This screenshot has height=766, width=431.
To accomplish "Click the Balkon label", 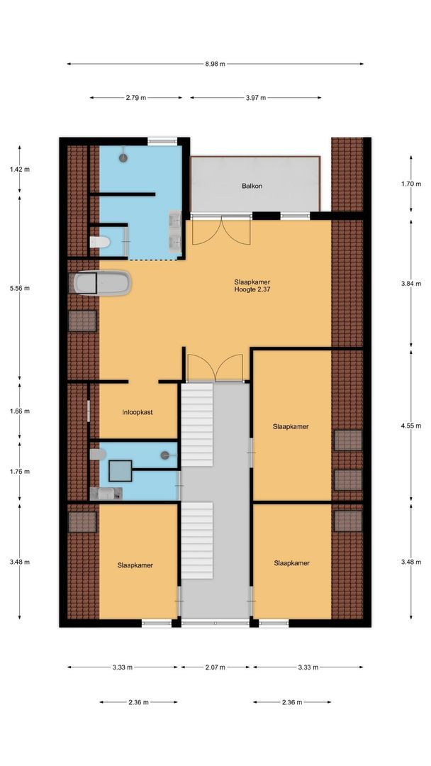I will (252, 186).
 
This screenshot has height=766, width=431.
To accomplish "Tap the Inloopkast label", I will (138, 411).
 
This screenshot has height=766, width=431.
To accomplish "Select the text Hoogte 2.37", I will (252, 289).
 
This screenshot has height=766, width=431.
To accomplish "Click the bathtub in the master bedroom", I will (101, 284).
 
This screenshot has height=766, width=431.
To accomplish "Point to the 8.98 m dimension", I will (215, 64).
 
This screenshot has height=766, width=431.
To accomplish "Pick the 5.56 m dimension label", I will (20, 289).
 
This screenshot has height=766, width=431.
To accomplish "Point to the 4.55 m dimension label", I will (410, 427).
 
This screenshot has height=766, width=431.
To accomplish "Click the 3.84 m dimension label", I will (410, 284).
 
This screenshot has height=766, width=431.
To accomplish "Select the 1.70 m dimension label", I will (410, 184).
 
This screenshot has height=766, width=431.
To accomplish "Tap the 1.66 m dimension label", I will (20, 411).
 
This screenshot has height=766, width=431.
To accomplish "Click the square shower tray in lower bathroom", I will (121, 470).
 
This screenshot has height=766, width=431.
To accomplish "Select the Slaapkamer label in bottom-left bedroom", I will (135, 565).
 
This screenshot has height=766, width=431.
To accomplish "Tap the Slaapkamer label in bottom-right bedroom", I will (291, 563).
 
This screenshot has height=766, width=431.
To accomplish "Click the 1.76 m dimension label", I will (20, 471).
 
